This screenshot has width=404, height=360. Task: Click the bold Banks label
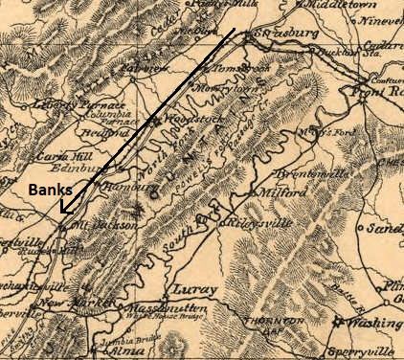(x=45, y=191)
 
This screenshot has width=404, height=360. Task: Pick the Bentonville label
(x=281, y=175)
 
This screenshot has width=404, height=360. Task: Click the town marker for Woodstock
(x=154, y=120)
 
